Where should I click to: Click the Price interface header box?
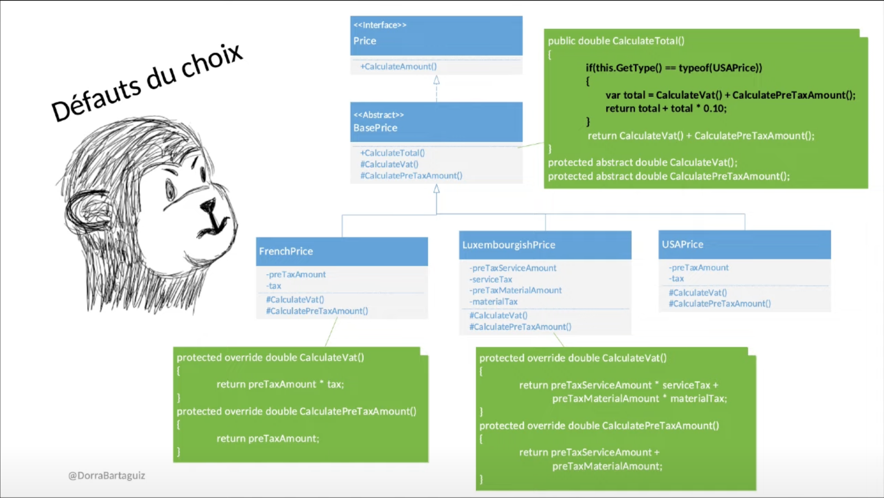436,35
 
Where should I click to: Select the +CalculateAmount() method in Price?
398,66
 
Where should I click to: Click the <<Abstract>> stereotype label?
379,115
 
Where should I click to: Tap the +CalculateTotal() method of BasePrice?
393,153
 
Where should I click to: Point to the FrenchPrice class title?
286,251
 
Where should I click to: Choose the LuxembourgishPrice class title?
509,245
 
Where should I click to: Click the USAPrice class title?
682,244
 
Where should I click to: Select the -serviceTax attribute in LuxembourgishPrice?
491,279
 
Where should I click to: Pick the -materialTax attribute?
493,302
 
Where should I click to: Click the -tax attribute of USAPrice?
677,278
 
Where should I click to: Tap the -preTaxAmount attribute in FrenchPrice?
296,274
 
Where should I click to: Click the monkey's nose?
208,205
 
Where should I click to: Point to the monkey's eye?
171,190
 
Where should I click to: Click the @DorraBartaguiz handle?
107,475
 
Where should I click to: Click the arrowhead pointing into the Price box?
436,80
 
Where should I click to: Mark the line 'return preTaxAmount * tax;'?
280,384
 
